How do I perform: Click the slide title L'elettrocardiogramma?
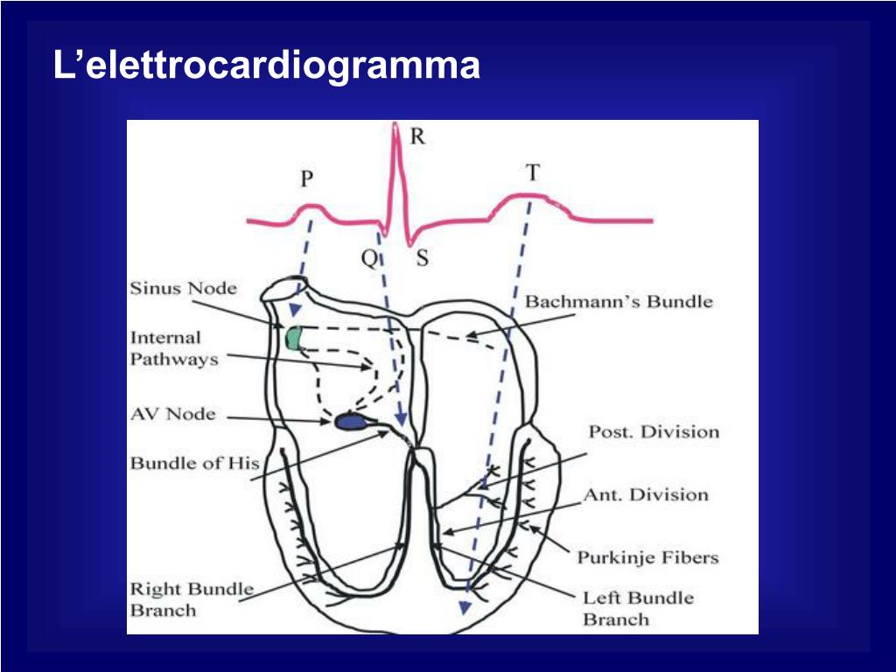click(x=267, y=66)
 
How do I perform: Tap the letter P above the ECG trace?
click(x=307, y=179)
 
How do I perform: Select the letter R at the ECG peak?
click(x=417, y=136)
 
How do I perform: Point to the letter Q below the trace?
click(x=369, y=259)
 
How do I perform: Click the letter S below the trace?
click(x=422, y=259)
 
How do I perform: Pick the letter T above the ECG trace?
click(x=532, y=172)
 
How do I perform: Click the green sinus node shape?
click(x=293, y=337)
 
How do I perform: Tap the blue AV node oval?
click(x=352, y=422)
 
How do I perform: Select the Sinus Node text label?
click(x=183, y=288)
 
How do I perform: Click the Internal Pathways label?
click(x=173, y=348)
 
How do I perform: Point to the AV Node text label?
click(x=172, y=414)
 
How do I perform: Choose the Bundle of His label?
click(x=194, y=463)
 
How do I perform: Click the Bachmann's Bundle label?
click(x=619, y=303)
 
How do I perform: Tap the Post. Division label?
click(x=653, y=431)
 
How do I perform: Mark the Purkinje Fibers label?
click(x=647, y=557)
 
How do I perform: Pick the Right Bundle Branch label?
click(x=192, y=599)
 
